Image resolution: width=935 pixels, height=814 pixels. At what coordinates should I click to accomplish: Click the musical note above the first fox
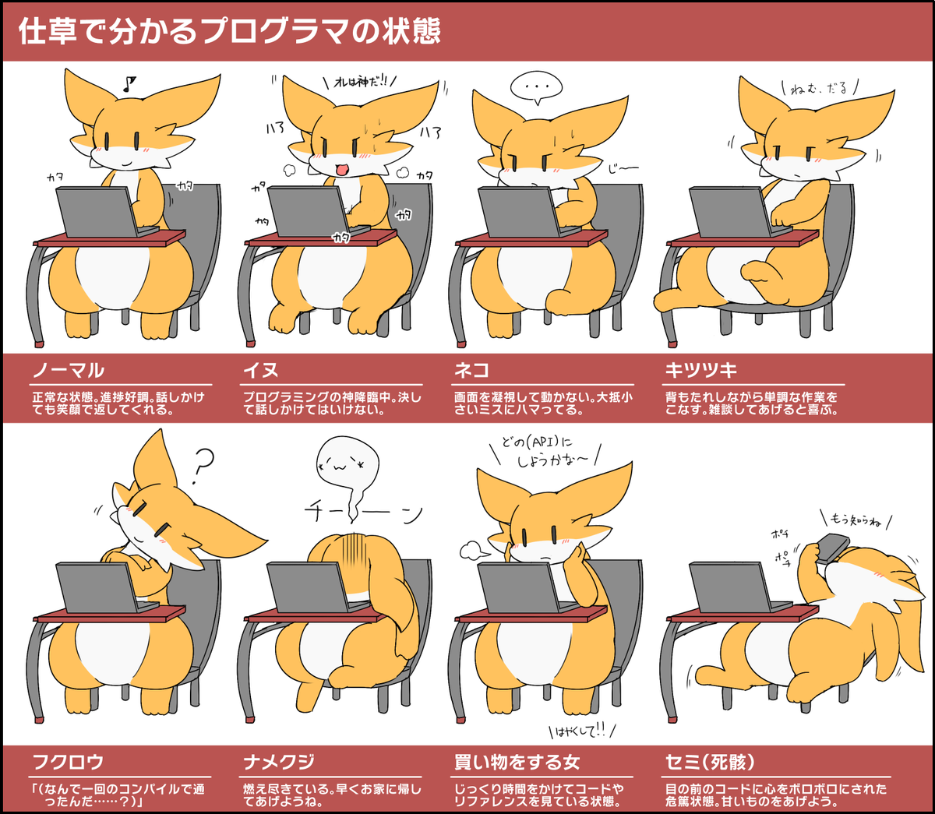click(129, 83)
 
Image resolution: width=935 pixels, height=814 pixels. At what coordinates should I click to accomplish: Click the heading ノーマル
click(69, 370)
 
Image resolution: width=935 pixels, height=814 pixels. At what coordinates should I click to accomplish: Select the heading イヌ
click(261, 370)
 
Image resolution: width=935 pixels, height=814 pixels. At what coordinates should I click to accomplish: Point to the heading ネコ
click(471, 370)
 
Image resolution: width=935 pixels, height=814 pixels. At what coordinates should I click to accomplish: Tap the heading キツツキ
click(701, 370)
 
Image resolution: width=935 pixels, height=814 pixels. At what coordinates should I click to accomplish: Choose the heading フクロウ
click(69, 762)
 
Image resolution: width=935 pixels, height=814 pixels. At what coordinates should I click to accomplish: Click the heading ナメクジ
click(279, 762)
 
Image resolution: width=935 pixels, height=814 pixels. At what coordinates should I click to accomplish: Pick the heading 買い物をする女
click(517, 762)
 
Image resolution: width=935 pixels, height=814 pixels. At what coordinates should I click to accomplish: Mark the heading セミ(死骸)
click(710, 762)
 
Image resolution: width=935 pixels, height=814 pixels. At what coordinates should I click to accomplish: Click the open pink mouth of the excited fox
click(341, 170)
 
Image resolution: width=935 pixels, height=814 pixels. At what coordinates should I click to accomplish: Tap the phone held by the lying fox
click(833, 548)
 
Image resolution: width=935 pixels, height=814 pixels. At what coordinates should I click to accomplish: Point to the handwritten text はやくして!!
click(581, 731)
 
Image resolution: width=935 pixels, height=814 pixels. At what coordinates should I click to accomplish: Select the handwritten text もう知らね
click(855, 520)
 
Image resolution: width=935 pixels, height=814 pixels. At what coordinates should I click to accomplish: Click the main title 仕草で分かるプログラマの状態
click(229, 31)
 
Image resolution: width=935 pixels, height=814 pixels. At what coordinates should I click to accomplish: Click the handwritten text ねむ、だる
click(818, 88)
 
